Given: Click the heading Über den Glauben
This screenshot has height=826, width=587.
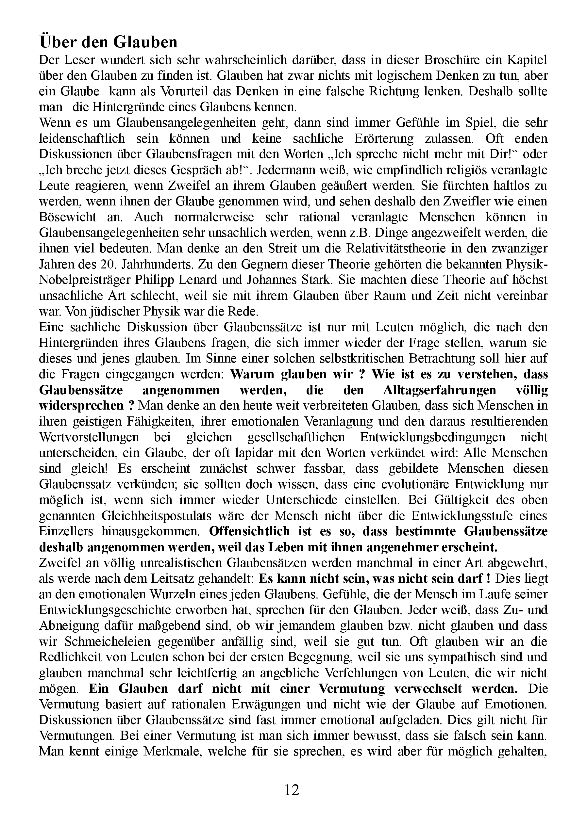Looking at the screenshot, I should coord(108,42).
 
